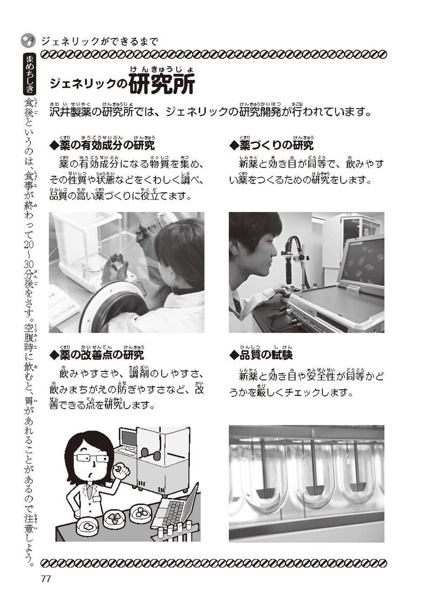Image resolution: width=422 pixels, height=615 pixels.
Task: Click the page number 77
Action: point(46,579)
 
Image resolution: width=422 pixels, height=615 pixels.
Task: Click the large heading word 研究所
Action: point(162,84)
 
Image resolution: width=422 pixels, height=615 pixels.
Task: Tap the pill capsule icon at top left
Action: point(28,41)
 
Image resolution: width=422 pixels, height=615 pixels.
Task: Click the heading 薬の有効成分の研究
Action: point(103,145)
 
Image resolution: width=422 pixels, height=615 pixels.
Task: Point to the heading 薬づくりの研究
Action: point(271,145)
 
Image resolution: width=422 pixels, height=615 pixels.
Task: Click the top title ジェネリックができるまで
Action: point(100,42)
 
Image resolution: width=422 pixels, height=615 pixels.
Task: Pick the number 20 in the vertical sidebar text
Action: point(29,245)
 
